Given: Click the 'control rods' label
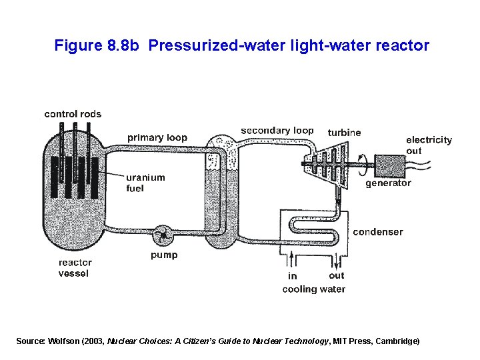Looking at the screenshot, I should (73, 114).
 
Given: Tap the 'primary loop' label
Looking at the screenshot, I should (157, 138).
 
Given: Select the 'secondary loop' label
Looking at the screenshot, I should (277, 131).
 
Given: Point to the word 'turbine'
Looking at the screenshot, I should (344, 133).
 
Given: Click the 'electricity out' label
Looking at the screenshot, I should (429, 145).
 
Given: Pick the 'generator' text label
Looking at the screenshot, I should (388, 183).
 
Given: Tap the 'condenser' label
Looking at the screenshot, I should (378, 232).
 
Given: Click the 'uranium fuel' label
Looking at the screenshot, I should (145, 183).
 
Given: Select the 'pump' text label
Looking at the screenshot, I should (164, 255).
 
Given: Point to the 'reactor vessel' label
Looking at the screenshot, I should (75, 268).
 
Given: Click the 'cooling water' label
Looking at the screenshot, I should (314, 289).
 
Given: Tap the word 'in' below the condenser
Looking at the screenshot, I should (292, 276).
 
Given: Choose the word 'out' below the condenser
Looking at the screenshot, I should (337, 275).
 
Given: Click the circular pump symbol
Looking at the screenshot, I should (162, 235).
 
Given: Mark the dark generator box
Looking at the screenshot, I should (391, 165).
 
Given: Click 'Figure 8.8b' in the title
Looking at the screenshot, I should (97, 46).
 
